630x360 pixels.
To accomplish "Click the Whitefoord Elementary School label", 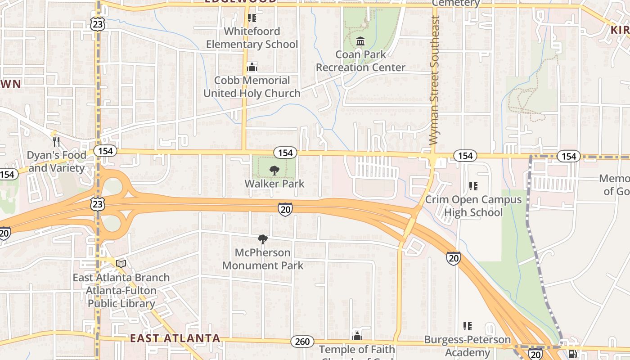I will tap(252, 38).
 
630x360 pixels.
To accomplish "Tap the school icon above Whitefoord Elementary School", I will tap(252, 18).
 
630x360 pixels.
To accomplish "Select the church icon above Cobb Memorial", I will tap(252, 67).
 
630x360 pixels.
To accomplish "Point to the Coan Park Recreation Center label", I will tap(360, 61).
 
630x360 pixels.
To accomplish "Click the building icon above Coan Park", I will tap(360, 41).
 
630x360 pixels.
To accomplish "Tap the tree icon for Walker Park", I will tap(274, 171).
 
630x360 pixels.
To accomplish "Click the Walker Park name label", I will tap(274, 184).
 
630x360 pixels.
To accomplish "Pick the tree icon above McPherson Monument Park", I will tap(263, 239).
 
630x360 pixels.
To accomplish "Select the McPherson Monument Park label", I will tap(263, 259).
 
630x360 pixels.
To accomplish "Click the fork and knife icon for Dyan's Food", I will tap(56, 142).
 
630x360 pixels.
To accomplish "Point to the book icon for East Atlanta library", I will tap(121, 264).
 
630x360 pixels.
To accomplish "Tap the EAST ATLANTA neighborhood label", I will tap(175, 338).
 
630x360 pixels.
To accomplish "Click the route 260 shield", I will tap(302, 342).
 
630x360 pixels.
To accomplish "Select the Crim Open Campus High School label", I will tap(473, 206).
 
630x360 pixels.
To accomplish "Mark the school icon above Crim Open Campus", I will tap(473, 186).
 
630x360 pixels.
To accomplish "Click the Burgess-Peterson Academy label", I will tap(468, 346).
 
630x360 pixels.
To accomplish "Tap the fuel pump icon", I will tap(573, 355).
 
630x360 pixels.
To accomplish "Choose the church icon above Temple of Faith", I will tap(357, 336).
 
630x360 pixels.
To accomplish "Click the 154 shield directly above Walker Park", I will tap(285, 153).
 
